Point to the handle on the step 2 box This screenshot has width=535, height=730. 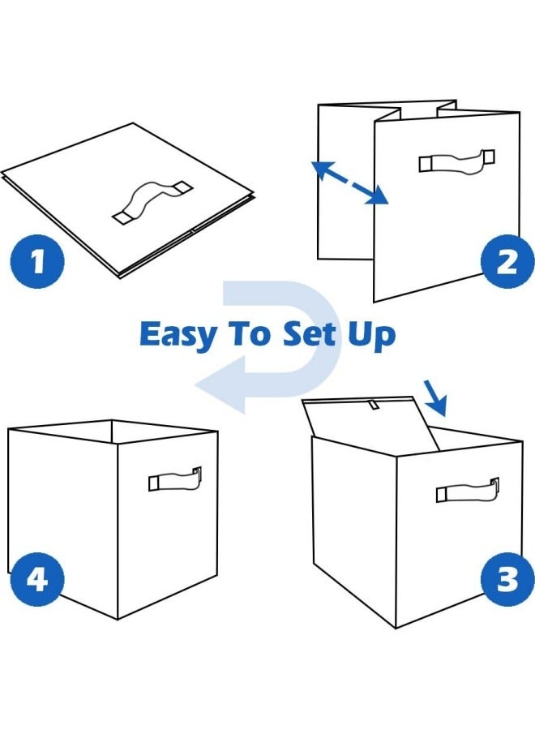point(456,161)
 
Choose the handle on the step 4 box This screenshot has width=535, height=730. point(175,479)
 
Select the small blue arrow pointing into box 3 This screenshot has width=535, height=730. point(434,395)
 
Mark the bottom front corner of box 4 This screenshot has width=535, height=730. point(118,618)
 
